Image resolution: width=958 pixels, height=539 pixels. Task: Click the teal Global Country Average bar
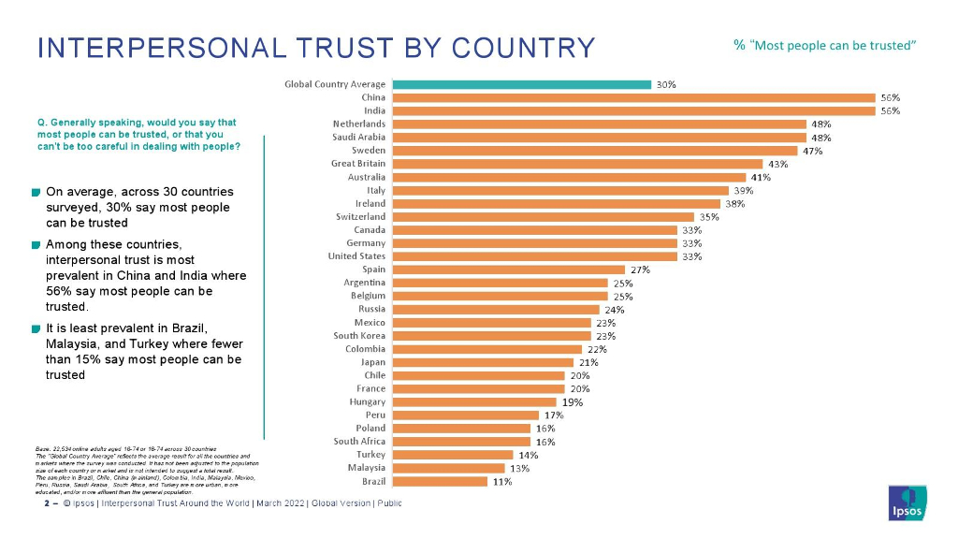coord(521,84)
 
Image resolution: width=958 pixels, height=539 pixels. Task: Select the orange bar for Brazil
coord(440,482)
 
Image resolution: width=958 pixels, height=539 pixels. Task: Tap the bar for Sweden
coord(595,151)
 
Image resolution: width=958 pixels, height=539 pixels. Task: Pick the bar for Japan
coord(483,362)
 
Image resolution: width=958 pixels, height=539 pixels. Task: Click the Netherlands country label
coord(358,124)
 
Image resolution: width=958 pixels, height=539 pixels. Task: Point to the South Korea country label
coord(359,335)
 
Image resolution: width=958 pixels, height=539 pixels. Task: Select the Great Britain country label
coord(358,164)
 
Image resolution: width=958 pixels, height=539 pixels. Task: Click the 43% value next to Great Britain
coord(778,164)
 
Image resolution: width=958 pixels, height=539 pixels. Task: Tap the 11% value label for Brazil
coord(502,482)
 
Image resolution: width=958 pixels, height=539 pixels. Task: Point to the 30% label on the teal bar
coord(665,84)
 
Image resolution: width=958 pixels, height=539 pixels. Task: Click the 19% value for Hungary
coord(573,402)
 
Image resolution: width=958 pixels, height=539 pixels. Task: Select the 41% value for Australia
coord(761,177)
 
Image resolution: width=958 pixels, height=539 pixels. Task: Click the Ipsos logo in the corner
coord(907,503)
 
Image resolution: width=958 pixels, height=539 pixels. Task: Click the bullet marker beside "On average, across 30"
coord(35,193)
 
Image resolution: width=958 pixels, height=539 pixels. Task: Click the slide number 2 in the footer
coord(47,503)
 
